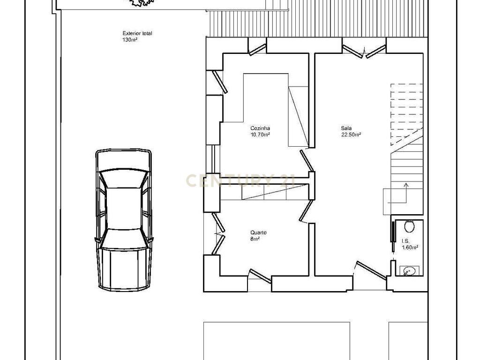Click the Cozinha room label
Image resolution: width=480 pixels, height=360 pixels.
(260, 128)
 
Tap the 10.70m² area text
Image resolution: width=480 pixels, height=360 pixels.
(260, 135)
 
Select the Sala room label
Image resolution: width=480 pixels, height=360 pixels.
(346, 128)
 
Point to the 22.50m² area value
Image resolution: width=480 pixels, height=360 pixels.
(351, 135)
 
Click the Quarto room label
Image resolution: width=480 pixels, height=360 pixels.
(258, 232)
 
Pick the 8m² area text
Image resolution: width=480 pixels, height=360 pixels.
(255, 239)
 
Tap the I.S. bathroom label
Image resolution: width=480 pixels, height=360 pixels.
(405, 241)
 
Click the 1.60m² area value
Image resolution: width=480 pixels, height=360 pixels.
(410, 247)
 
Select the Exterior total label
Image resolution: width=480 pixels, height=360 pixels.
(137, 33)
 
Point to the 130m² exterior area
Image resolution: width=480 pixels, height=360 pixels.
(130, 39)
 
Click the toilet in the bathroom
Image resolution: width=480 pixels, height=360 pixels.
(409, 226)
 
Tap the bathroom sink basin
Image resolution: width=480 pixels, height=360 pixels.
(409, 270)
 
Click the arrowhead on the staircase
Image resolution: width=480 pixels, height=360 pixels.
(406, 185)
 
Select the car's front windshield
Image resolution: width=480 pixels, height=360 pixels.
(123, 179)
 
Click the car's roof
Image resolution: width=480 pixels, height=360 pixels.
(123, 208)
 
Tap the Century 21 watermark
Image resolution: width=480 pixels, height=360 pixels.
(240, 180)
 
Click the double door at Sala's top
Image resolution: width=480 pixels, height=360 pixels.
(364, 51)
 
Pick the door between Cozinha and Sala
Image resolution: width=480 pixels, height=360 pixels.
(307, 160)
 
